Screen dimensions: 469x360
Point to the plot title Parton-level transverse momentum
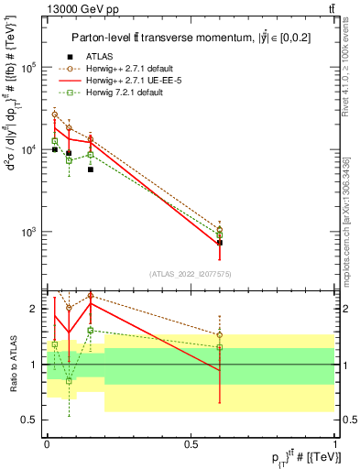[183, 37]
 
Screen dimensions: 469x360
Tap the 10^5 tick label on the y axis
[28, 68]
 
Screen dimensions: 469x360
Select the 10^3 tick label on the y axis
[28, 231]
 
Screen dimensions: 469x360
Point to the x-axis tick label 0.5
[191, 442]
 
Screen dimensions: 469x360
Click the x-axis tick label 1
[334, 442]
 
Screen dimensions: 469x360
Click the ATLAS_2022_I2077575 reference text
[190, 273]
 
